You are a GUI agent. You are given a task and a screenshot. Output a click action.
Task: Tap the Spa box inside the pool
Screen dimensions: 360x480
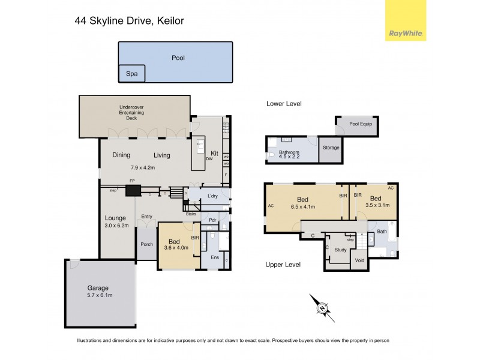point(131,74)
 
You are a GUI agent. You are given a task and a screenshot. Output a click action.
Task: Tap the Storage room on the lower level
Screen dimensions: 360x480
point(331,148)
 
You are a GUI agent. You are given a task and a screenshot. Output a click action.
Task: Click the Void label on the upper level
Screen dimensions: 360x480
point(359,260)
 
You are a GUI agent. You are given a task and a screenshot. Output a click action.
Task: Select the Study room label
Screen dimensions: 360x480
point(340,250)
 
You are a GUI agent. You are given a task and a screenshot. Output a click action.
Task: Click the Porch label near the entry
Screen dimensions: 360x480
point(146,244)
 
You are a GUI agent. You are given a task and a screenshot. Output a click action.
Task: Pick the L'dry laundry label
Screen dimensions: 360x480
point(212,196)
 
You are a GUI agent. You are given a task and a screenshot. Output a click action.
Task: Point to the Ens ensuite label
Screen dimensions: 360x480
point(214,257)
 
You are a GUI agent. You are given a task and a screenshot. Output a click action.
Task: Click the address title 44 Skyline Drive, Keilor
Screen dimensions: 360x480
point(129,21)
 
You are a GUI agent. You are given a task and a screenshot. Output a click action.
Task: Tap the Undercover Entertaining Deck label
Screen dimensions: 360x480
point(131,113)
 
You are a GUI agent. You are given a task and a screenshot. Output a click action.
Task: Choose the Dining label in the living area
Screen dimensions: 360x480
point(121,155)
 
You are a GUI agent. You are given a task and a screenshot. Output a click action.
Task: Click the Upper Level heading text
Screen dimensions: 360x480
point(283,265)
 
